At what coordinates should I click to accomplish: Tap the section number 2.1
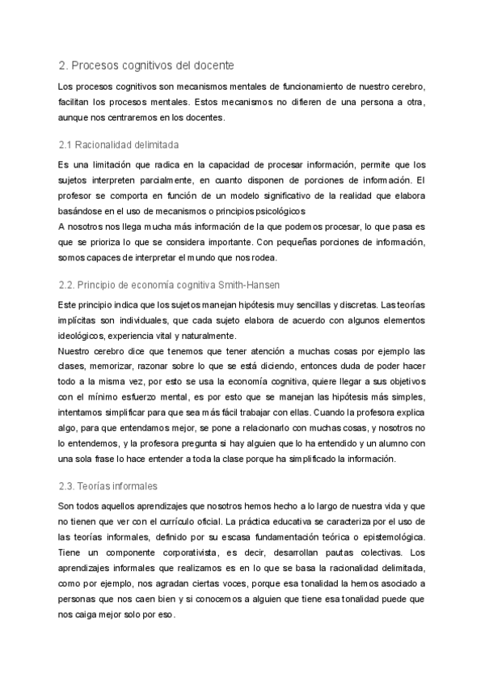(x=66, y=144)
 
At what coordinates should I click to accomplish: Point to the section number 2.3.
(x=68, y=486)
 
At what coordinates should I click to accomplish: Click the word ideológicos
(x=89, y=334)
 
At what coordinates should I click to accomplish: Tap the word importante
(x=226, y=242)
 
